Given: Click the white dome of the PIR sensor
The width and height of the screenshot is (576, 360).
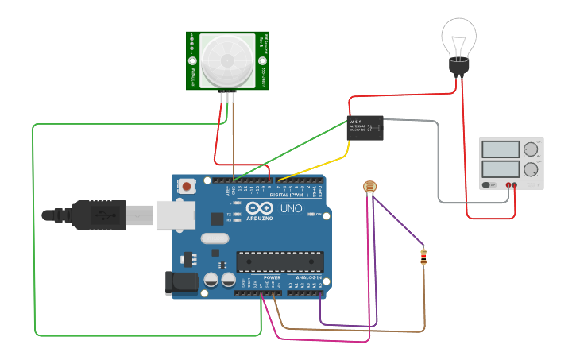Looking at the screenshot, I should point(228,61).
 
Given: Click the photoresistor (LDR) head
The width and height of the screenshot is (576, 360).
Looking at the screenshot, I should point(369,188).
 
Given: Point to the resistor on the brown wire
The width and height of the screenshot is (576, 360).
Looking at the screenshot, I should point(423,257).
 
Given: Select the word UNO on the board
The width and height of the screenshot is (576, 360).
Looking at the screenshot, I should point(292,209).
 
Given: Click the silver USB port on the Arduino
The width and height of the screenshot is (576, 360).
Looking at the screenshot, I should point(174,215).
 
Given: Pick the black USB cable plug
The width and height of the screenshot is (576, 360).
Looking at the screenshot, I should point(99,215).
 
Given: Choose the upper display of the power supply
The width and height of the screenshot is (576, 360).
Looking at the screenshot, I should point(501,149).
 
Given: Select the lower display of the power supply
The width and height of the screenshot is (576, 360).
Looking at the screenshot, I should point(501,168).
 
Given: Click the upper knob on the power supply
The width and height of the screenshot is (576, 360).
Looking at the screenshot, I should point(531,149).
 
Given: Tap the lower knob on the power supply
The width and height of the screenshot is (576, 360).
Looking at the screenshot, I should point(531,168).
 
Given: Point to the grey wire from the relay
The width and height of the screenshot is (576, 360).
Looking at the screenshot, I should point(439,159).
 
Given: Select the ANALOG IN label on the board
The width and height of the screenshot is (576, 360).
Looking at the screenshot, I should point(308,277).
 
